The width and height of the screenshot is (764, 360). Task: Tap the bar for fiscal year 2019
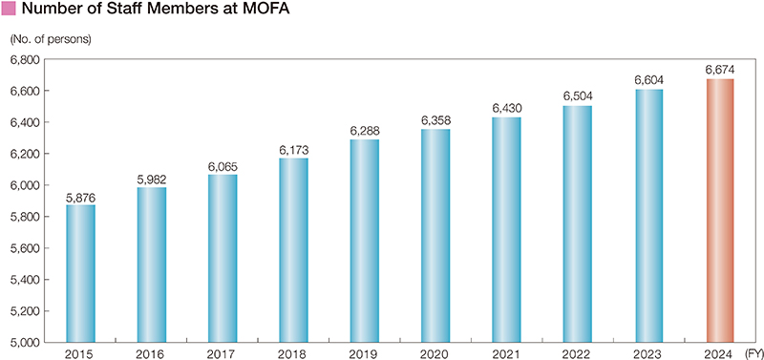pyautogui.click(x=364, y=241)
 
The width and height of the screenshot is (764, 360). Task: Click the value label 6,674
pyautogui.click(x=718, y=70)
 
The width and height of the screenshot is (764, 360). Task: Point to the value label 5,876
pyautogui.click(x=80, y=197)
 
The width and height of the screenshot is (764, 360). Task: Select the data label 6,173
pyautogui.click(x=293, y=150)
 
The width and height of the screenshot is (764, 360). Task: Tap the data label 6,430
pyautogui.click(x=505, y=109)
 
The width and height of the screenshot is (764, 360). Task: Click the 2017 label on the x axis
pyautogui.click(x=222, y=353)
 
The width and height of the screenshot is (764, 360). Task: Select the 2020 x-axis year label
pyautogui.click(x=435, y=353)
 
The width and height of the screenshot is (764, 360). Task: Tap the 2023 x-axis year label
pyautogui.click(x=647, y=353)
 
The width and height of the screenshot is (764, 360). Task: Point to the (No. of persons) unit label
pyautogui.click(x=50, y=40)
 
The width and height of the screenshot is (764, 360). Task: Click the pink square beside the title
pyautogui.click(x=10, y=11)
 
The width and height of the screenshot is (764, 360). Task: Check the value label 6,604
pyautogui.click(x=647, y=80)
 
